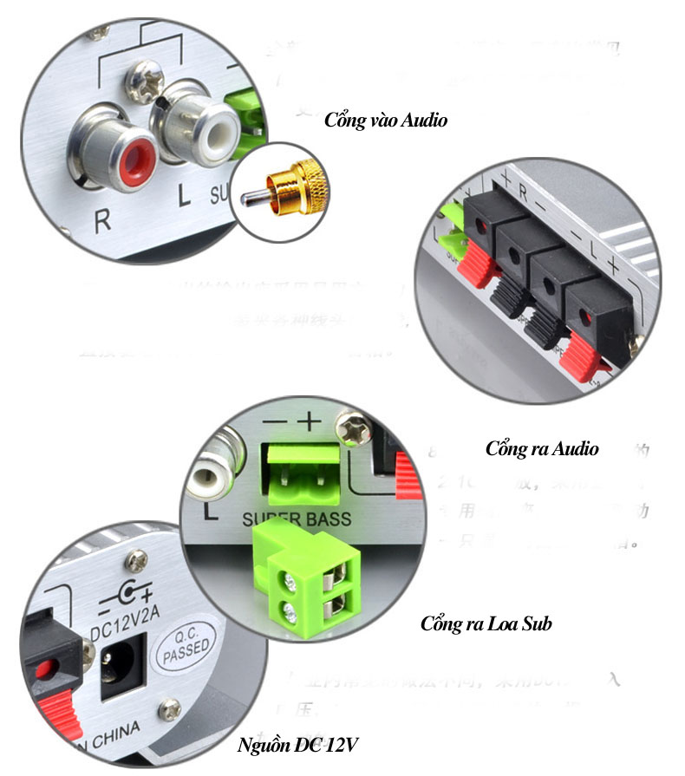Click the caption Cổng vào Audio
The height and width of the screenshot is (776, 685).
tap(386, 120)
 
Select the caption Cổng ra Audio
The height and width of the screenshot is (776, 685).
tap(542, 448)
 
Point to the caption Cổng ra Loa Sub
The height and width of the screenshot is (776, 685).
tap(486, 623)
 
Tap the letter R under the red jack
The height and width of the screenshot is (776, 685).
tap(102, 219)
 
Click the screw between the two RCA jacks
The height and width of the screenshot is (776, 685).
tap(144, 82)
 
